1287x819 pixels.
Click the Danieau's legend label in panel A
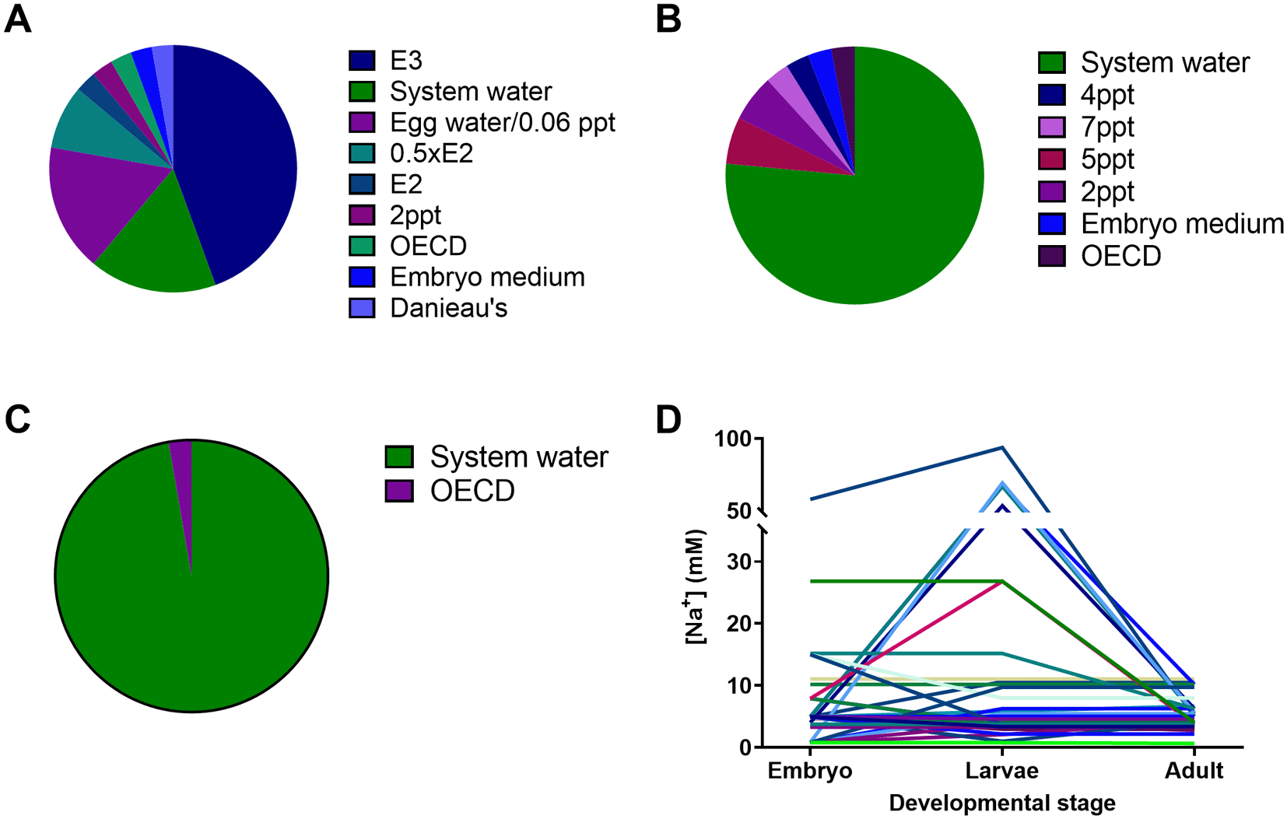point(449,309)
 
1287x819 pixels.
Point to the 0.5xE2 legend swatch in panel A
point(362,153)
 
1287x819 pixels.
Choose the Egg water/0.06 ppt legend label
point(503,123)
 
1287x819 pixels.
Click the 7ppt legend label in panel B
point(1108,128)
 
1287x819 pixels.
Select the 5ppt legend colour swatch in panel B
point(1052,159)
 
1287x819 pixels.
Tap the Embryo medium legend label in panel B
point(1183,224)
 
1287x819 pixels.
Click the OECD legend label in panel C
point(472,491)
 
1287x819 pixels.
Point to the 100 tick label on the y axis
point(732,439)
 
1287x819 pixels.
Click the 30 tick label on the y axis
point(739,562)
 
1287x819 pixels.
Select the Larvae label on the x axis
point(1002,771)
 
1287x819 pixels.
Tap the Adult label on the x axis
point(1194,771)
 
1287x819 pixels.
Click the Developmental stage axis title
point(1002,803)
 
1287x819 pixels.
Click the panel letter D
point(668,420)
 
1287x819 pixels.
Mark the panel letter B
point(668,19)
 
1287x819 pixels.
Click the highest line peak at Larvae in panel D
point(1002,446)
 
